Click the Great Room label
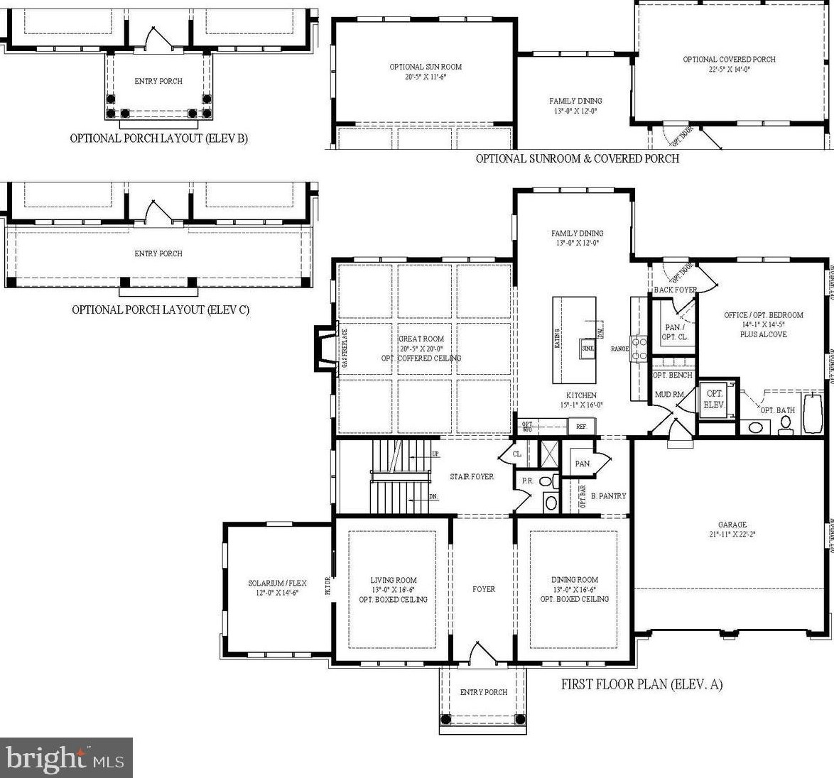click(x=421, y=339)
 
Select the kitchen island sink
click(x=587, y=349)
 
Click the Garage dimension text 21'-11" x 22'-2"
click(x=732, y=535)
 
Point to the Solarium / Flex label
click(x=277, y=583)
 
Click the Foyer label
click(x=484, y=589)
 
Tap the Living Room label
click(x=393, y=580)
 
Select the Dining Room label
click(x=574, y=580)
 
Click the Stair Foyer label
click(x=472, y=477)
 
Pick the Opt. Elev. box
click(x=713, y=399)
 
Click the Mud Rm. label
click(x=668, y=394)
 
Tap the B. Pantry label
click(x=608, y=496)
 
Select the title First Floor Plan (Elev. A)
click(x=641, y=685)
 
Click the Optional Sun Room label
click(x=426, y=67)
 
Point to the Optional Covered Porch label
click(x=729, y=60)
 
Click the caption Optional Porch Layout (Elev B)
click(x=158, y=138)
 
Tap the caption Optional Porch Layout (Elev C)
click(x=161, y=309)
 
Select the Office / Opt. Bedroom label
click(x=764, y=315)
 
